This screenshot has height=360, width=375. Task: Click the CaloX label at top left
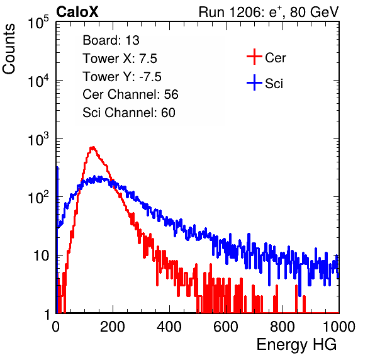77,12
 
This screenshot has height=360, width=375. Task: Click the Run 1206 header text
269,12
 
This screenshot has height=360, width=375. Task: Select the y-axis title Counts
9,49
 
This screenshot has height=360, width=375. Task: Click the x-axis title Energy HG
296,345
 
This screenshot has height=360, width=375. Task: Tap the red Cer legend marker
254,57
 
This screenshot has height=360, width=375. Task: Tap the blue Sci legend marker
254,82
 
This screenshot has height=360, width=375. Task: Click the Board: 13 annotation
111,40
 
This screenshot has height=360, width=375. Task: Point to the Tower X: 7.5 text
120,59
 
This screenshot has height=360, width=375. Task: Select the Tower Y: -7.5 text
122,77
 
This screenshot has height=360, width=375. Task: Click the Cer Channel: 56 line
130,94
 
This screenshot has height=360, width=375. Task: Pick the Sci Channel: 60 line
129,113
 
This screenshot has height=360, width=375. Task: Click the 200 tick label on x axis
113,327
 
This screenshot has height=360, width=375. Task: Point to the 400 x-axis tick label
169,327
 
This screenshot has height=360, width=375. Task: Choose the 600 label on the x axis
226,327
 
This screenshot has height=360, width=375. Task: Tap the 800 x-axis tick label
283,327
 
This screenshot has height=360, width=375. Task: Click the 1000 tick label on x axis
339,327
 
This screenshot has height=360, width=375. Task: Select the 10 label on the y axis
42,256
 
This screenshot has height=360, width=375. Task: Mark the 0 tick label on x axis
56,327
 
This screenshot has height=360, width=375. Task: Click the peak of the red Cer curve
92,147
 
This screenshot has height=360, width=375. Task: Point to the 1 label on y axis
47,314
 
